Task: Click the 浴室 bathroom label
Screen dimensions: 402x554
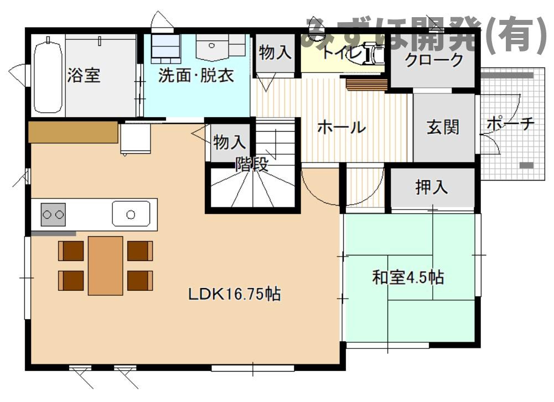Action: click(x=84, y=75)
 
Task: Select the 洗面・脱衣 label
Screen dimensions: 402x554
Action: click(x=196, y=76)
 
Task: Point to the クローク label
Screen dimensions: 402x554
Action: click(x=433, y=60)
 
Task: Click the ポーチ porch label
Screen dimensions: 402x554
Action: click(x=510, y=124)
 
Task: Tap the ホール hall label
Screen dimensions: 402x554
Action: click(x=341, y=128)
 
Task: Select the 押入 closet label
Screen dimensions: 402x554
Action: click(x=432, y=187)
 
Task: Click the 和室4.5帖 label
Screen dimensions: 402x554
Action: click(x=408, y=277)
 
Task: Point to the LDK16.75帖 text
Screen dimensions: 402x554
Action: click(x=234, y=294)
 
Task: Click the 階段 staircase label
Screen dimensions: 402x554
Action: click(x=252, y=164)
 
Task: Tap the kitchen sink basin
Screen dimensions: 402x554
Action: click(x=131, y=214)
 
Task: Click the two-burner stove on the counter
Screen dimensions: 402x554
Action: click(x=53, y=215)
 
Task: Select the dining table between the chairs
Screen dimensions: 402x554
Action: click(x=105, y=265)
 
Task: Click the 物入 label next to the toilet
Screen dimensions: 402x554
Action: click(x=275, y=53)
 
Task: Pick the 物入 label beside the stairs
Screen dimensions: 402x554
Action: click(x=229, y=142)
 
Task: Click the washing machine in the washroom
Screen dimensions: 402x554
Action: click(x=166, y=49)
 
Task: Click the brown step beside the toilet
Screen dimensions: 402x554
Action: click(x=366, y=84)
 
